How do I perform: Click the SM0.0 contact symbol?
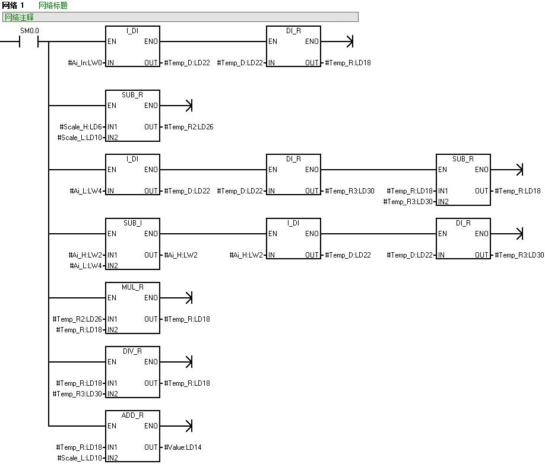pyautogui.click(x=29, y=42)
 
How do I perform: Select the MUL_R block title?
pyautogui.click(x=132, y=287)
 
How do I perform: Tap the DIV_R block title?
pyautogui.click(x=132, y=351)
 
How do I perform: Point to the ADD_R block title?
pyautogui.click(x=132, y=415)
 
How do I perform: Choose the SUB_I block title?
pyautogui.click(x=132, y=223)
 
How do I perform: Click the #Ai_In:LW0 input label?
pyautogui.click(x=85, y=63)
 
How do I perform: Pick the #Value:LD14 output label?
pyautogui.click(x=183, y=447)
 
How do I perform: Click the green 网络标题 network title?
pyautogui.click(x=53, y=5)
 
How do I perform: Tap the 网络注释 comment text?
pyautogui.click(x=19, y=17)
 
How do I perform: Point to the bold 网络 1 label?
pyautogui.click(x=13, y=5)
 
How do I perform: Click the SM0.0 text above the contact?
pyautogui.click(x=30, y=30)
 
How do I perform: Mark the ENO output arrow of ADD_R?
pyautogui.click(x=189, y=426)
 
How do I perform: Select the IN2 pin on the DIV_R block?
pyautogui.click(x=113, y=394)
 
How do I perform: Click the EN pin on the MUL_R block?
pyautogui.click(x=112, y=298)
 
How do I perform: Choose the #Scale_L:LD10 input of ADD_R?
pyautogui.click(x=81, y=458)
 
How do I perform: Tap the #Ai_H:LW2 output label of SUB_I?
pyautogui.click(x=181, y=255)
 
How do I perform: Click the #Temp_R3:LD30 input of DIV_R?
pyautogui.click(x=79, y=394)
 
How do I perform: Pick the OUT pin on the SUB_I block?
pyautogui.click(x=151, y=255)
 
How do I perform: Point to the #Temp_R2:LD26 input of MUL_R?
pyautogui.click(x=79, y=319)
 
